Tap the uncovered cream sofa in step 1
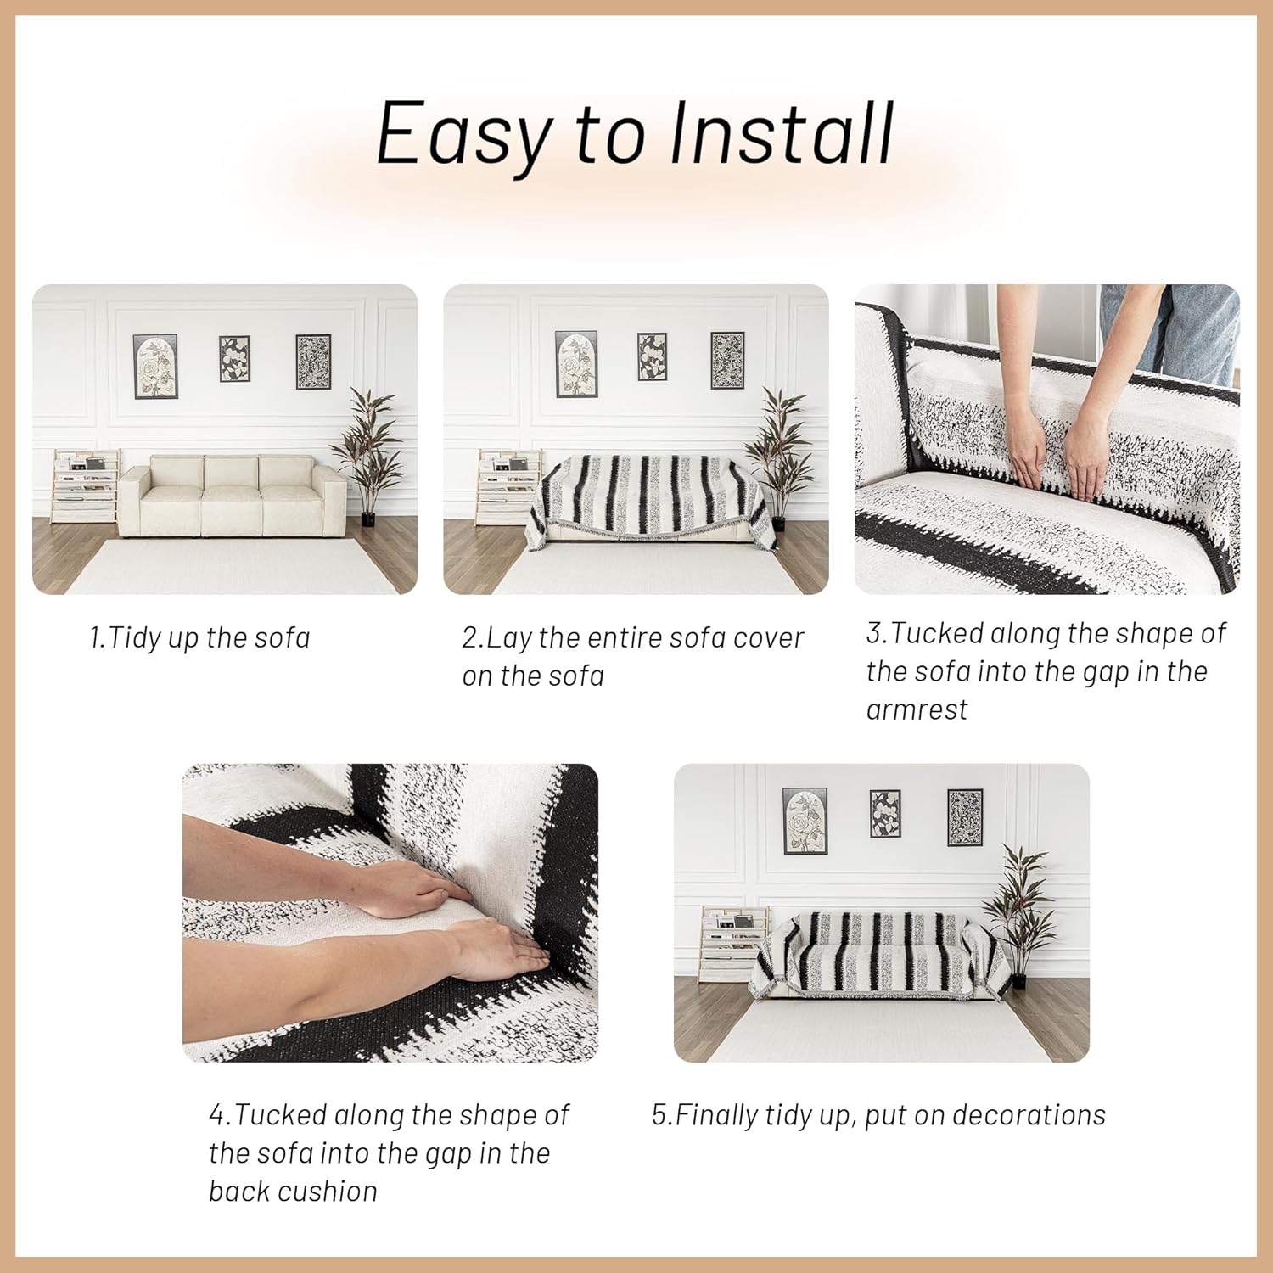click(x=233, y=496)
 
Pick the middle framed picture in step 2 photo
click(x=652, y=356)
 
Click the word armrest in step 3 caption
click(x=917, y=709)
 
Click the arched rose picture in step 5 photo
click(x=805, y=821)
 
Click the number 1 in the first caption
click(x=96, y=637)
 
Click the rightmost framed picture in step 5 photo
click(x=964, y=816)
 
